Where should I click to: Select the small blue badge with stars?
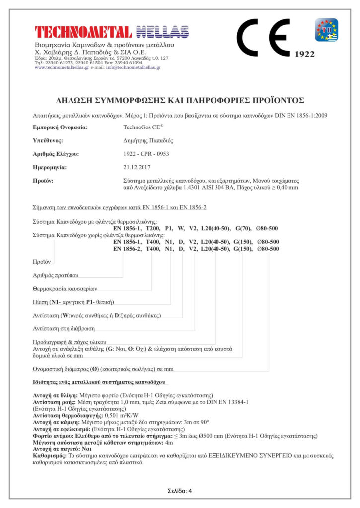(326, 30)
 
